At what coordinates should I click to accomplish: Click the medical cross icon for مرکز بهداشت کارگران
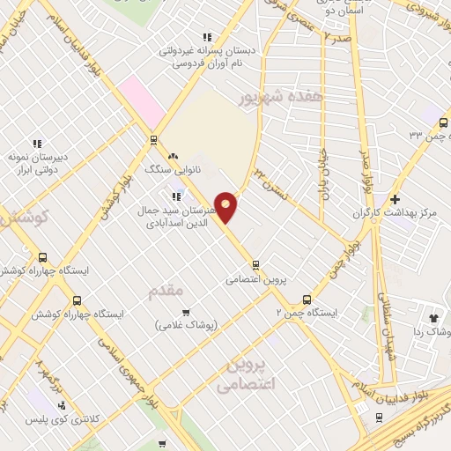[395, 199]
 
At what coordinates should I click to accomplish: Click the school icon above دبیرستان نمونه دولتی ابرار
[37, 144]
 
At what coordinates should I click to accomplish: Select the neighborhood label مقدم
[166, 290]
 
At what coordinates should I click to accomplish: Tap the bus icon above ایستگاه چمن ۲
[307, 299]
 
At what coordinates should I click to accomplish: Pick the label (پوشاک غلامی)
[185, 325]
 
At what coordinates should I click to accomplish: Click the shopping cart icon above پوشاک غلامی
[185, 312]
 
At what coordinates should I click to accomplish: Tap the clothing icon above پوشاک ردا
[433, 317]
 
